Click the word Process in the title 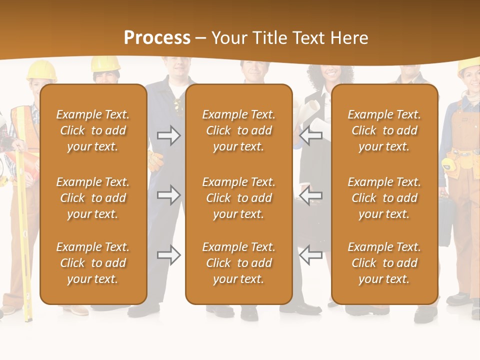[x=157, y=38]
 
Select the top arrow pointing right [x=168, y=135]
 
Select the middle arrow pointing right [x=168, y=194]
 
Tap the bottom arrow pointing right [x=168, y=255]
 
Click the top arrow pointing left [x=311, y=135]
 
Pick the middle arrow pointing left [x=311, y=194]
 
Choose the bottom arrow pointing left [x=311, y=255]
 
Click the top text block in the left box [x=93, y=130]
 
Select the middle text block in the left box [x=93, y=198]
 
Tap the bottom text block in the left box [x=93, y=263]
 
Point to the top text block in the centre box [x=238, y=130]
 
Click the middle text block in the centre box [x=238, y=198]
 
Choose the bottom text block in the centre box [x=238, y=263]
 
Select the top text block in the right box [x=384, y=130]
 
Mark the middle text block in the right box [x=384, y=198]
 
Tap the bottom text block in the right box [x=384, y=263]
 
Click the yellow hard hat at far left [x=41, y=70]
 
